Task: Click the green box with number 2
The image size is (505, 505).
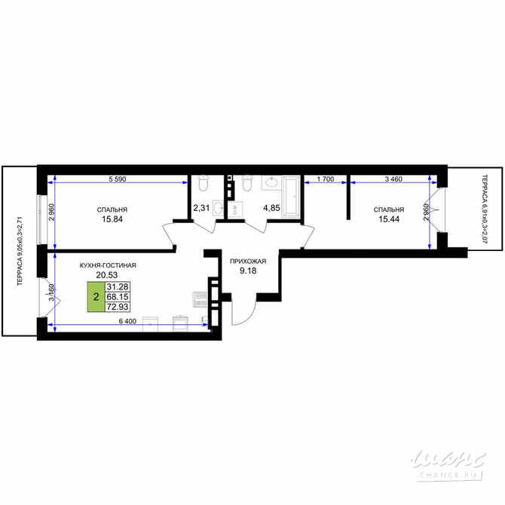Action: click(96, 297)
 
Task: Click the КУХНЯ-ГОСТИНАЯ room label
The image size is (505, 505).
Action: click(107, 266)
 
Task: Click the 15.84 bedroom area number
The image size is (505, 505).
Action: click(112, 220)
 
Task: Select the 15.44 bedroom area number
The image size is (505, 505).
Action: click(389, 219)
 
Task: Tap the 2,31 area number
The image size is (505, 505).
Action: click(201, 207)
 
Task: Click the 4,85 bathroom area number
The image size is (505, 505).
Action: click(271, 207)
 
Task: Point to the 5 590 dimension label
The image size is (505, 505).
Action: click(117, 179)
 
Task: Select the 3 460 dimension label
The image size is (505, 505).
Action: click(394, 179)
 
